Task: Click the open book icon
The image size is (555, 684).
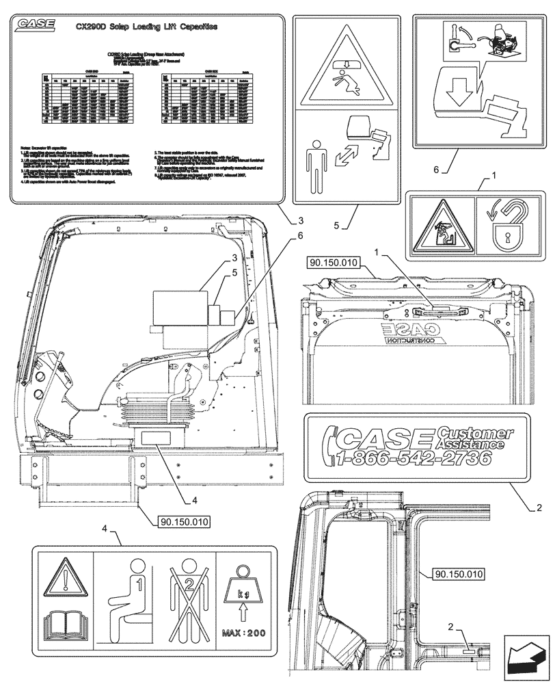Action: click(x=66, y=626)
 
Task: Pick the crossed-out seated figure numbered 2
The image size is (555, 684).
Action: click(x=182, y=602)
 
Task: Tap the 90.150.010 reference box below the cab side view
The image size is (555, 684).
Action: click(x=184, y=521)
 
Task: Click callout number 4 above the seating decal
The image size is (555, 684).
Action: click(x=105, y=528)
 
